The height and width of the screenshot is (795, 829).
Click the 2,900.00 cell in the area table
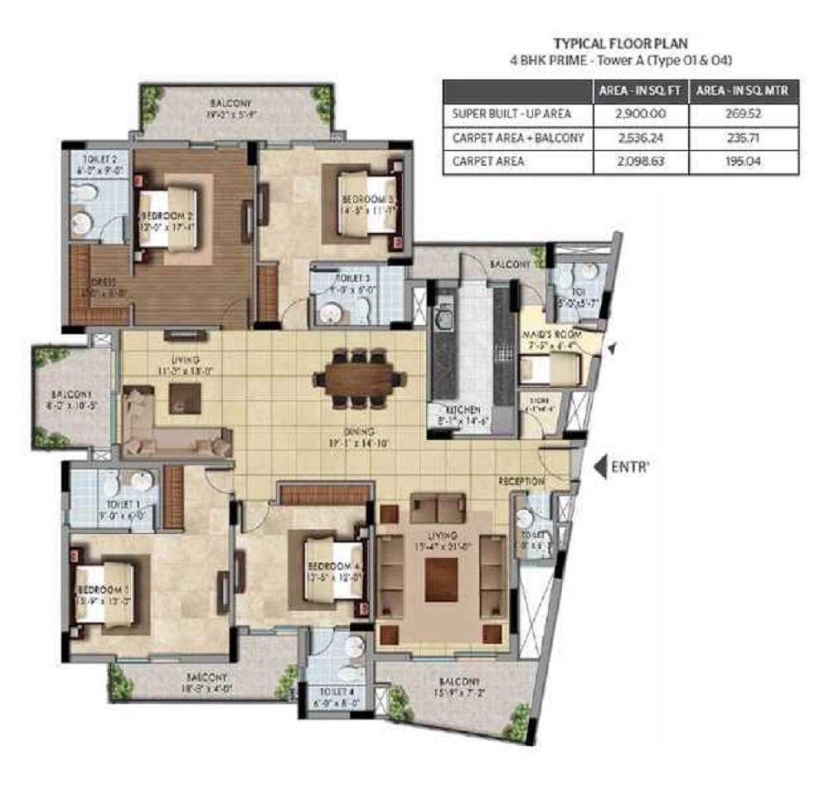coord(640,114)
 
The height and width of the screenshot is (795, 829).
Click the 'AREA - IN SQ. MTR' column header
coord(743,90)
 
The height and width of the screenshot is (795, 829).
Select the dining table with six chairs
coord(359,379)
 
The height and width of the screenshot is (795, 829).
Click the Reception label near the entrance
coord(521,482)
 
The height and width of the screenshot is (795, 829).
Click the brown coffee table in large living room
coord(441,580)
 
